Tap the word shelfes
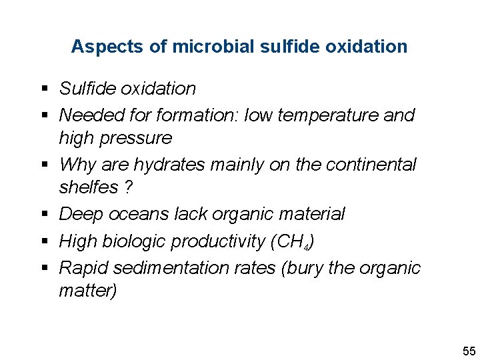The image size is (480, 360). coord(89,187)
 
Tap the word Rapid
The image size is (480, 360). coord(84,267)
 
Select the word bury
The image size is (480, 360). coord(307,267)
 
